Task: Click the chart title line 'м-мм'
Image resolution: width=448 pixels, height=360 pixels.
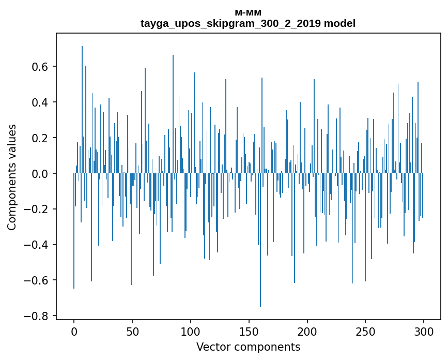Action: point(248,13)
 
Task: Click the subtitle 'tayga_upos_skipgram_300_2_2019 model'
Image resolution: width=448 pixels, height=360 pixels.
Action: point(248,23)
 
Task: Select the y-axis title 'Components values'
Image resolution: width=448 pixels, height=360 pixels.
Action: point(12,177)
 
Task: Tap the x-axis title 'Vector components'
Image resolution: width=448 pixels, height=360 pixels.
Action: point(248,347)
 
